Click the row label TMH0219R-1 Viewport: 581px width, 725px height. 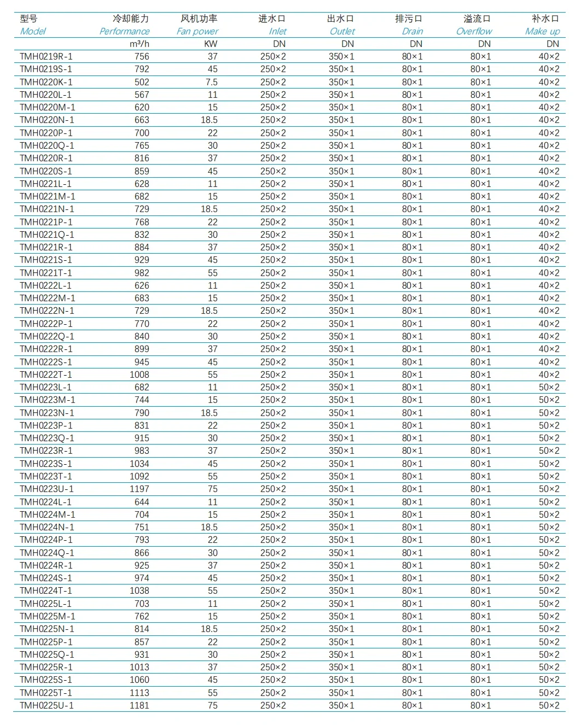click(46, 56)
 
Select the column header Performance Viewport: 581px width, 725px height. click(124, 31)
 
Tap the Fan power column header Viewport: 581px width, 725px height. click(197, 31)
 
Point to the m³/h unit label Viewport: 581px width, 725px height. click(140, 44)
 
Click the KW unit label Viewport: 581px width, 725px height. click(211, 44)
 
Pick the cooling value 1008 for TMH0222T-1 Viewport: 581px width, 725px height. click(140, 375)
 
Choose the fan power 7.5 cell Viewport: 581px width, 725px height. click(211, 82)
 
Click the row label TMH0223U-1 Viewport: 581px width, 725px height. click(47, 489)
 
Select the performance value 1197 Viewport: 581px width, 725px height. click(140, 489)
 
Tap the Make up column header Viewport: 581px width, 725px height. click(542, 31)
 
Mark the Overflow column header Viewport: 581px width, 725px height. click(474, 31)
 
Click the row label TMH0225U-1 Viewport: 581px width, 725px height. click(47, 705)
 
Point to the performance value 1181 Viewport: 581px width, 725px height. click(140, 705)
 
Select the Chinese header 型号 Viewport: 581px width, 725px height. click(28, 19)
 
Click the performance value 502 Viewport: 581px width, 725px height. click(142, 82)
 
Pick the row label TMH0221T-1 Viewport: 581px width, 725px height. click(46, 273)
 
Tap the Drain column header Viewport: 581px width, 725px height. click(412, 31)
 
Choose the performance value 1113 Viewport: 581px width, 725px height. click(140, 693)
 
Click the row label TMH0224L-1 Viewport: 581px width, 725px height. click(45, 502)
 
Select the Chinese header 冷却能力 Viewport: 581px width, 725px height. click(131, 19)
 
